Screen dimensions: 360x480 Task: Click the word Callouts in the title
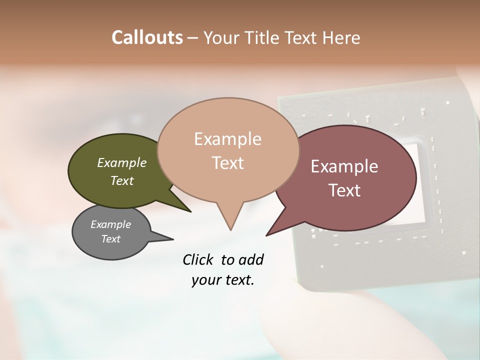tap(147, 37)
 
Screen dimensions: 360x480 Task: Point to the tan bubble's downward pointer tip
tap(230, 229)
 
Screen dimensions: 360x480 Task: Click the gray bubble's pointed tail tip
tap(173, 239)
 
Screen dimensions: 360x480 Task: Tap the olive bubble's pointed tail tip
tap(190, 211)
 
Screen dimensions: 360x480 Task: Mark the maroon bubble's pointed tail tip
tap(267, 235)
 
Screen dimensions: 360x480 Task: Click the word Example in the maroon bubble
tap(344, 166)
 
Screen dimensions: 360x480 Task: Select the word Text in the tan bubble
tap(228, 163)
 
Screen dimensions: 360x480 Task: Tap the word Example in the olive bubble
tap(122, 162)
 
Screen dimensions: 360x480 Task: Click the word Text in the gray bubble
tap(111, 239)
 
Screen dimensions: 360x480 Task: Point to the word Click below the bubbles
tap(198, 259)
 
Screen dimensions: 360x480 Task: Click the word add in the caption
tap(251, 259)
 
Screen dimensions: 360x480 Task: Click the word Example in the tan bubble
tap(228, 139)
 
